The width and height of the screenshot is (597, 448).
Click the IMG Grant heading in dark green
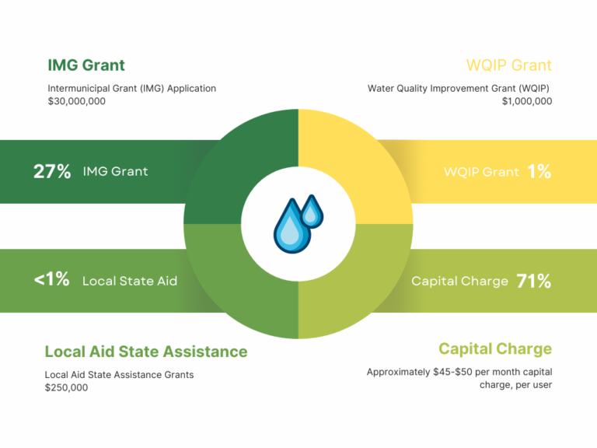click(86, 65)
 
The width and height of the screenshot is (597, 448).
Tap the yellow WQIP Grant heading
click(509, 65)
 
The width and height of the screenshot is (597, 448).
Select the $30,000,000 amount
click(76, 101)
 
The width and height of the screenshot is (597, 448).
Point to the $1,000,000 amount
click(527, 101)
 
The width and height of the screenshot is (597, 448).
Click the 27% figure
click(52, 171)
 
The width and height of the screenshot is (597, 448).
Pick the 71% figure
click(534, 281)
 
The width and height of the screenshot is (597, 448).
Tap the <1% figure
click(52, 279)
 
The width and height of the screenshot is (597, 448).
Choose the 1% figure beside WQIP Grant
click(539, 171)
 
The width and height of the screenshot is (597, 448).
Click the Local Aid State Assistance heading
click(146, 352)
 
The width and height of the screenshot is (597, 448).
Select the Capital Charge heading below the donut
click(495, 349)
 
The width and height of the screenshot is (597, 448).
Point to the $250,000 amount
click(66, 388)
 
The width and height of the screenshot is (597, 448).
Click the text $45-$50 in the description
click(452, 372)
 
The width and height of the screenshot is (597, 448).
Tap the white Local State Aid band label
click(130, 281)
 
